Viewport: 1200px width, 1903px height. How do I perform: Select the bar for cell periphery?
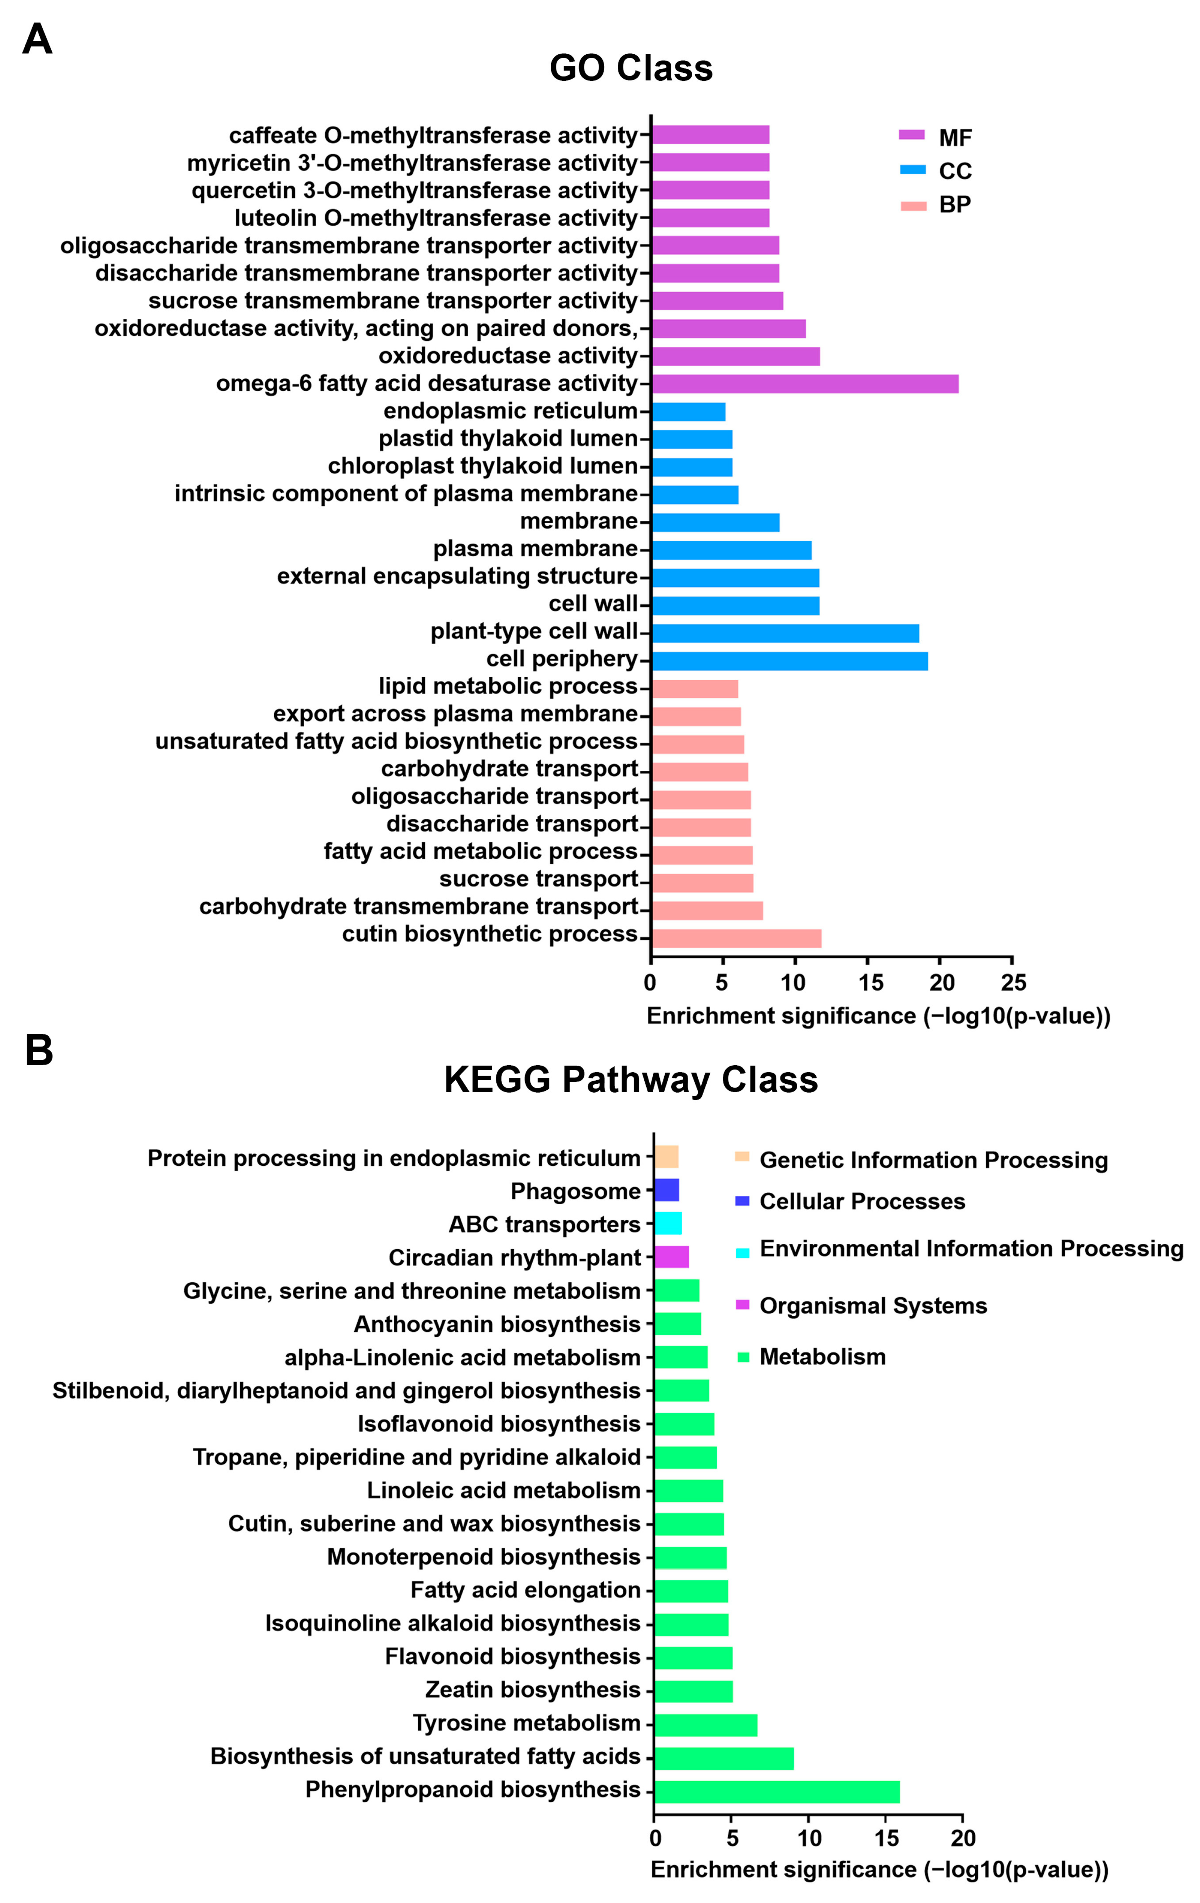pos(789,661)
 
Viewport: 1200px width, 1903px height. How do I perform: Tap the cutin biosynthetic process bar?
pos(736,938)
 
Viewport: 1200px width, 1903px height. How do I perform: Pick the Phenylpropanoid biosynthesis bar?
pos(776,1792)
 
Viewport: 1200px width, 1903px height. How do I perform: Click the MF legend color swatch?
pos(912,135)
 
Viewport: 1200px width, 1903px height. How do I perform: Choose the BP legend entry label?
pos(955,205)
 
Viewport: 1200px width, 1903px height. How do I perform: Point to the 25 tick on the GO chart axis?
pos(1013,982)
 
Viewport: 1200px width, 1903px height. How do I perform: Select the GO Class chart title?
pos(631,68)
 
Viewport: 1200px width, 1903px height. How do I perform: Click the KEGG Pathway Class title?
pos(631,1080)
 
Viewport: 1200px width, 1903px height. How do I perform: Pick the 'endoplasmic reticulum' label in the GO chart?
pos(510,411)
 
